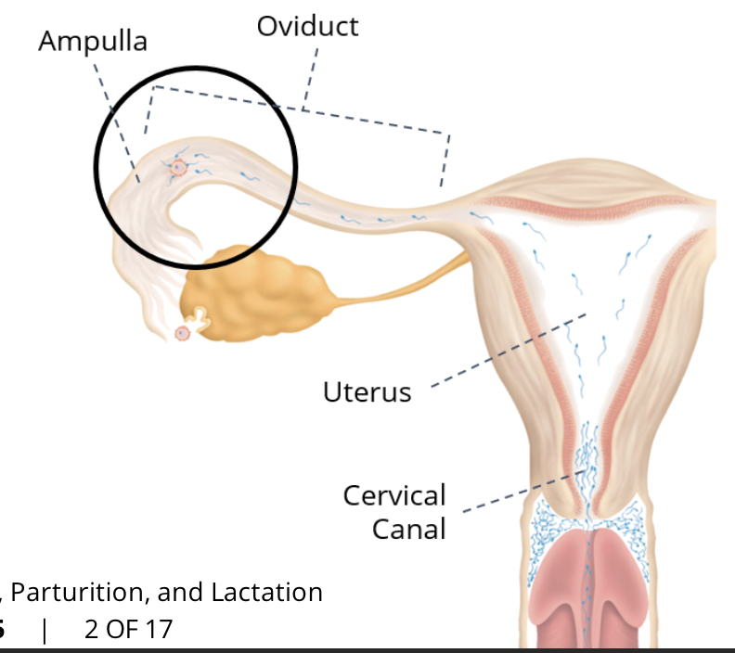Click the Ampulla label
click(93, 42)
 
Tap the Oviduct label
click(307, 26)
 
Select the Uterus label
click(367, 391)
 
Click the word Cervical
click(394, 495)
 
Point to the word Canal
click(409, 529)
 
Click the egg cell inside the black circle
click(178, 168)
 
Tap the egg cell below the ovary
click(183, 333)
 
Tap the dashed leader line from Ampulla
click(115, 115)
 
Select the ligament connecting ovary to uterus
click(399, 283)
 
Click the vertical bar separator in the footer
click(45, 630)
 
